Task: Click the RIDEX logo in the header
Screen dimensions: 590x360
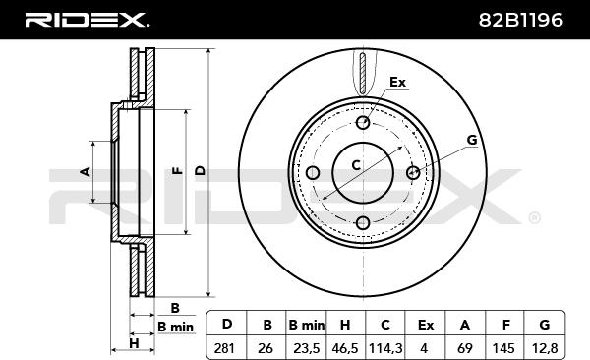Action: (x=87, y=20)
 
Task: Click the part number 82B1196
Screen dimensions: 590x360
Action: (x=521, y=20)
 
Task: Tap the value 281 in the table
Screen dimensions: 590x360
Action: (x=224, y=348)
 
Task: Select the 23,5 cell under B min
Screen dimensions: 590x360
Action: (x=306, y=348)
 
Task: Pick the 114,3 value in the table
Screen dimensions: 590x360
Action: (x=385, y=348)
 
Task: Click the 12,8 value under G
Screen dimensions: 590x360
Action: (x=545, y=348)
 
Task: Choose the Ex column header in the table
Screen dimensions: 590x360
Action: (x=426, y=325)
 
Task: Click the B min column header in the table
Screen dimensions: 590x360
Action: (x=306, y=325)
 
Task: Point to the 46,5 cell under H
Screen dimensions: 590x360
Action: (x=345, y=348)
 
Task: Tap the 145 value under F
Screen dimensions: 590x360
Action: (x=503, y=348)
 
